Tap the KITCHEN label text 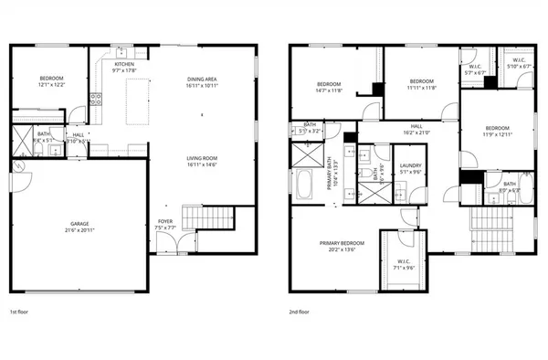click(x=123, y=64)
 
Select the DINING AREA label click(x=202, y=79)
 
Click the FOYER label click(x=165, y=220)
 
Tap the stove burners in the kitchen click(x=94, y=100)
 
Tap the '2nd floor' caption click(x=299, y=312)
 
